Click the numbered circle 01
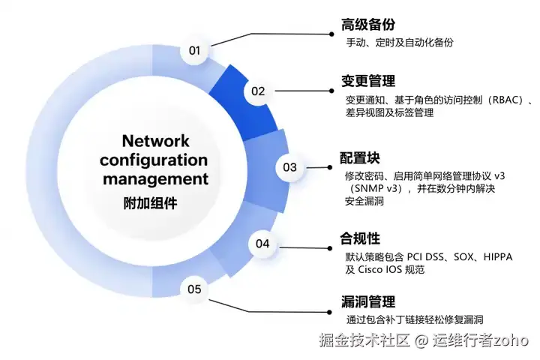195,51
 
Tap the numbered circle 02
258,91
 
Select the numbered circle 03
289,167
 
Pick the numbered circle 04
262,244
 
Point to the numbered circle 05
195,289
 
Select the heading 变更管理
367,81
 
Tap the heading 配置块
360,158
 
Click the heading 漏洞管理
367,302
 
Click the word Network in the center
155,140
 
